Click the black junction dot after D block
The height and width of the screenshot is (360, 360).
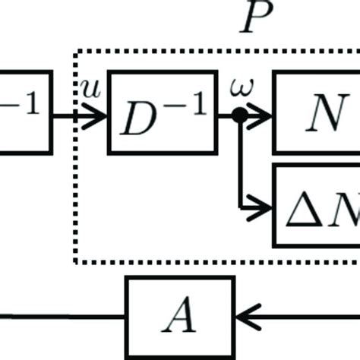click(240, 115)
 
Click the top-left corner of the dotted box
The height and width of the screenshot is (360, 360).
click(75, 51)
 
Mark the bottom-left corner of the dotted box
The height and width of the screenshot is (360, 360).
click(75, 262)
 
